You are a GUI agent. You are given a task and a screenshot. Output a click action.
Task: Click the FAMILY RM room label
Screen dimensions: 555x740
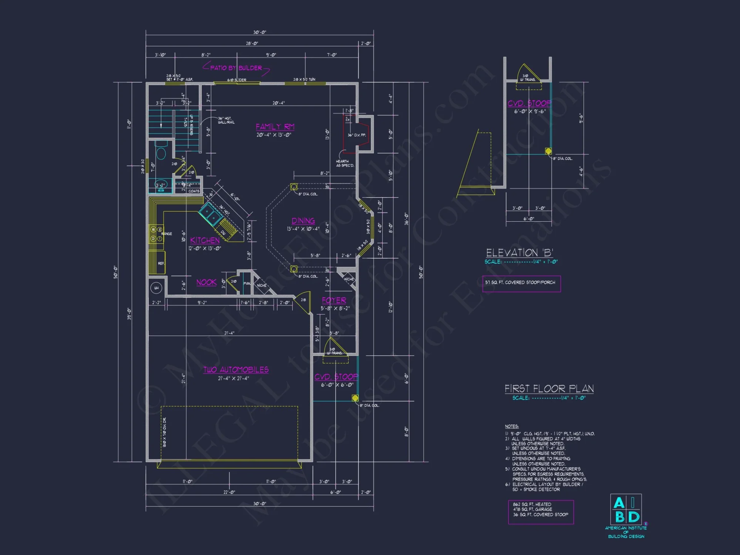click(275, 127)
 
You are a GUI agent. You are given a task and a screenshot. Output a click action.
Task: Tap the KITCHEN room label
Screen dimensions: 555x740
click(205, 240)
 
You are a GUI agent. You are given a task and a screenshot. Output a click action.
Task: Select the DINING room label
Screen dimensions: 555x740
click(303, 221)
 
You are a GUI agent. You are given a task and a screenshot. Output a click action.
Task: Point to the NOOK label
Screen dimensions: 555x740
click(206, 282)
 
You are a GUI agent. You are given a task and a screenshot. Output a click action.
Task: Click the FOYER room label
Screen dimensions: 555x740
click(334, 300)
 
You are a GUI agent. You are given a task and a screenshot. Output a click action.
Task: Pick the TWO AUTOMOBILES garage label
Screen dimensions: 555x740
click(236, 370)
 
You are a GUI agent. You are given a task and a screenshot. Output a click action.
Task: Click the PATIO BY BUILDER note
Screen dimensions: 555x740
click(236, 68)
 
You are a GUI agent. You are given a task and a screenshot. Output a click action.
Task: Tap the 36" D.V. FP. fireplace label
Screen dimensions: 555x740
click(357, 135)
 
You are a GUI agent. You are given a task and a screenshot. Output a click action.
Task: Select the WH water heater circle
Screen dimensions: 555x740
click(156, 288)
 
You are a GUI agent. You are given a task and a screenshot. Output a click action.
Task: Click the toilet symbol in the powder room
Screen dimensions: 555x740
click(161, 153)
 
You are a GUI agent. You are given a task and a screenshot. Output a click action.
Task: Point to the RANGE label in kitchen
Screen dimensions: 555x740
click(166, 234)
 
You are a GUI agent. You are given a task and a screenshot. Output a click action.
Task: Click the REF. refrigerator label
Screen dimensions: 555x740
click(161, 263)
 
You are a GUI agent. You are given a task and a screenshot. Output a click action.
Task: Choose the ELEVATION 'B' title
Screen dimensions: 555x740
click(519, 253)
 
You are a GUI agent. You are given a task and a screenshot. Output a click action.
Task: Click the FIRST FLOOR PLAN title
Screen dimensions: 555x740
click(549, 388)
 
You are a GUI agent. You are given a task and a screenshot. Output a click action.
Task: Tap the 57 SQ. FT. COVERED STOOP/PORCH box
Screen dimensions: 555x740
click(521, 283)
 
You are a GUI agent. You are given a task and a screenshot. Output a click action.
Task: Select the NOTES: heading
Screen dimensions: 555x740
click(512, 426)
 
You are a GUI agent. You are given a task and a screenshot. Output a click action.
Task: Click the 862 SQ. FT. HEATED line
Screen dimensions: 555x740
click(532, 504)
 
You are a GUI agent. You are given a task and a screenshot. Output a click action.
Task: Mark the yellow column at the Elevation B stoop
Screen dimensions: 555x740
click(548, 151)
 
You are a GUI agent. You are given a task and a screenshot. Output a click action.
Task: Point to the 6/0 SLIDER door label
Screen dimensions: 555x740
click(237, 80)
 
